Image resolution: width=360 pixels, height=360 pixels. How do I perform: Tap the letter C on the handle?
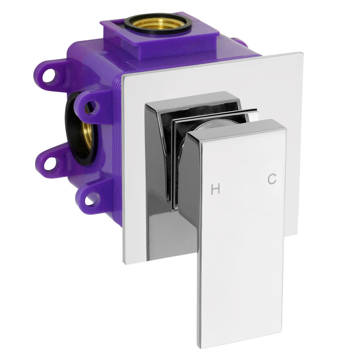pos(272,179)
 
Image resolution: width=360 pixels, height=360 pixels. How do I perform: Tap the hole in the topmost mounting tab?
pos(49,75)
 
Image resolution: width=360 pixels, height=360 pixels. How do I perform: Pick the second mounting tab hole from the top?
pos(91,107)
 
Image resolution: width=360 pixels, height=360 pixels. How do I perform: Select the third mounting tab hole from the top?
pos(50,163)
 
